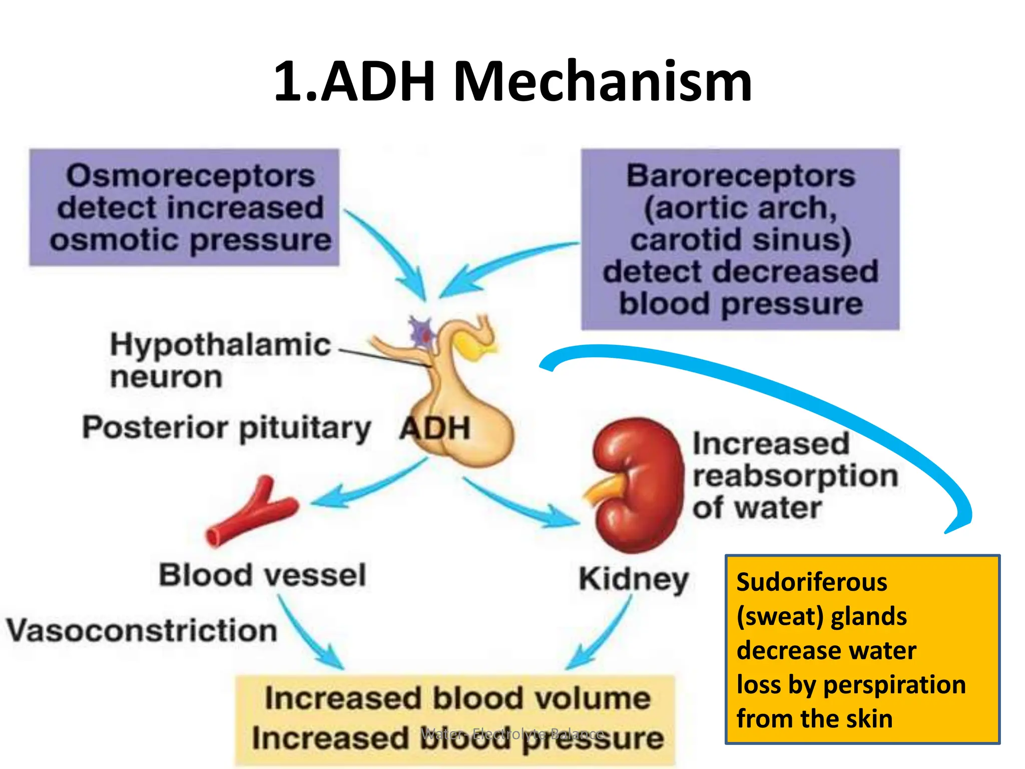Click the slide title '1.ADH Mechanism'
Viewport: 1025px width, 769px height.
[x=512, y=81]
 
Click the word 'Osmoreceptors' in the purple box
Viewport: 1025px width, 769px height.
[x=191, y=176]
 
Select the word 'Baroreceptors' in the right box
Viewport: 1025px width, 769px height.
[x=741, y=176]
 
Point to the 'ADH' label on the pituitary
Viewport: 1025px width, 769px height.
[x=435, y=429]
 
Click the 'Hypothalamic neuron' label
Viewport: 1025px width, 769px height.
[x=220, y=360]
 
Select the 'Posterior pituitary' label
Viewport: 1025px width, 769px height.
[x=226, y=429]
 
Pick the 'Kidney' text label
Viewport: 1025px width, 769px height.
[x=634, y=579]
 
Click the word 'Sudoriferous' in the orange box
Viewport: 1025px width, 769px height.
[x=812, y=583]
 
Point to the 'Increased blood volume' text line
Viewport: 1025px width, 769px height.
[x=457, y=698]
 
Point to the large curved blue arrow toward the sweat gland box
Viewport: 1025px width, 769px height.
[x=801, y=396]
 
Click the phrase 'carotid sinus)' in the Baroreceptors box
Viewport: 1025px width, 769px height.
[x=741, y=240]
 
